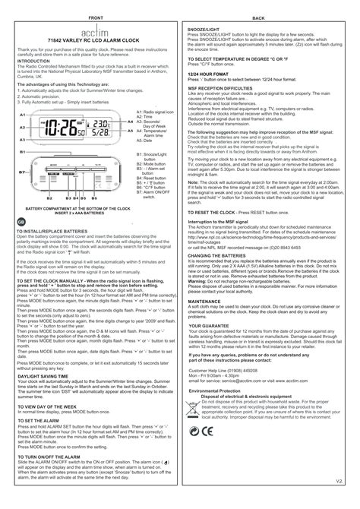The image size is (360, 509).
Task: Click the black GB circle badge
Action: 11,221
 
